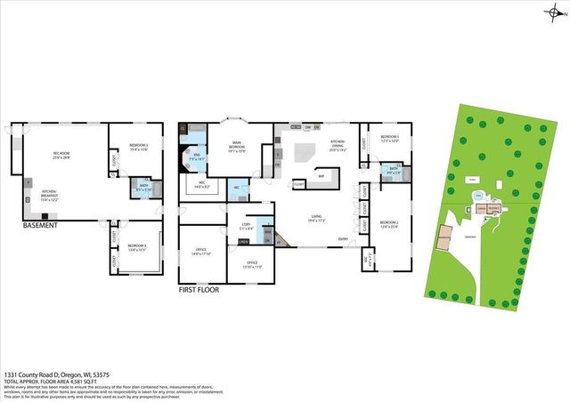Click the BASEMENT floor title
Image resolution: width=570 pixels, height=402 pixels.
41,226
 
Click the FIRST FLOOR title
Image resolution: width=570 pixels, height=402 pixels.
198,289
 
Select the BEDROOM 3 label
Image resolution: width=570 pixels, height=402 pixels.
138,145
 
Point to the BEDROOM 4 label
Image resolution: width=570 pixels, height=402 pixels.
137,246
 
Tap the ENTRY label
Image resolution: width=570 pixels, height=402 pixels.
343,238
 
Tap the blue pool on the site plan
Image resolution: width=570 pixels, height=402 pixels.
478,195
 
